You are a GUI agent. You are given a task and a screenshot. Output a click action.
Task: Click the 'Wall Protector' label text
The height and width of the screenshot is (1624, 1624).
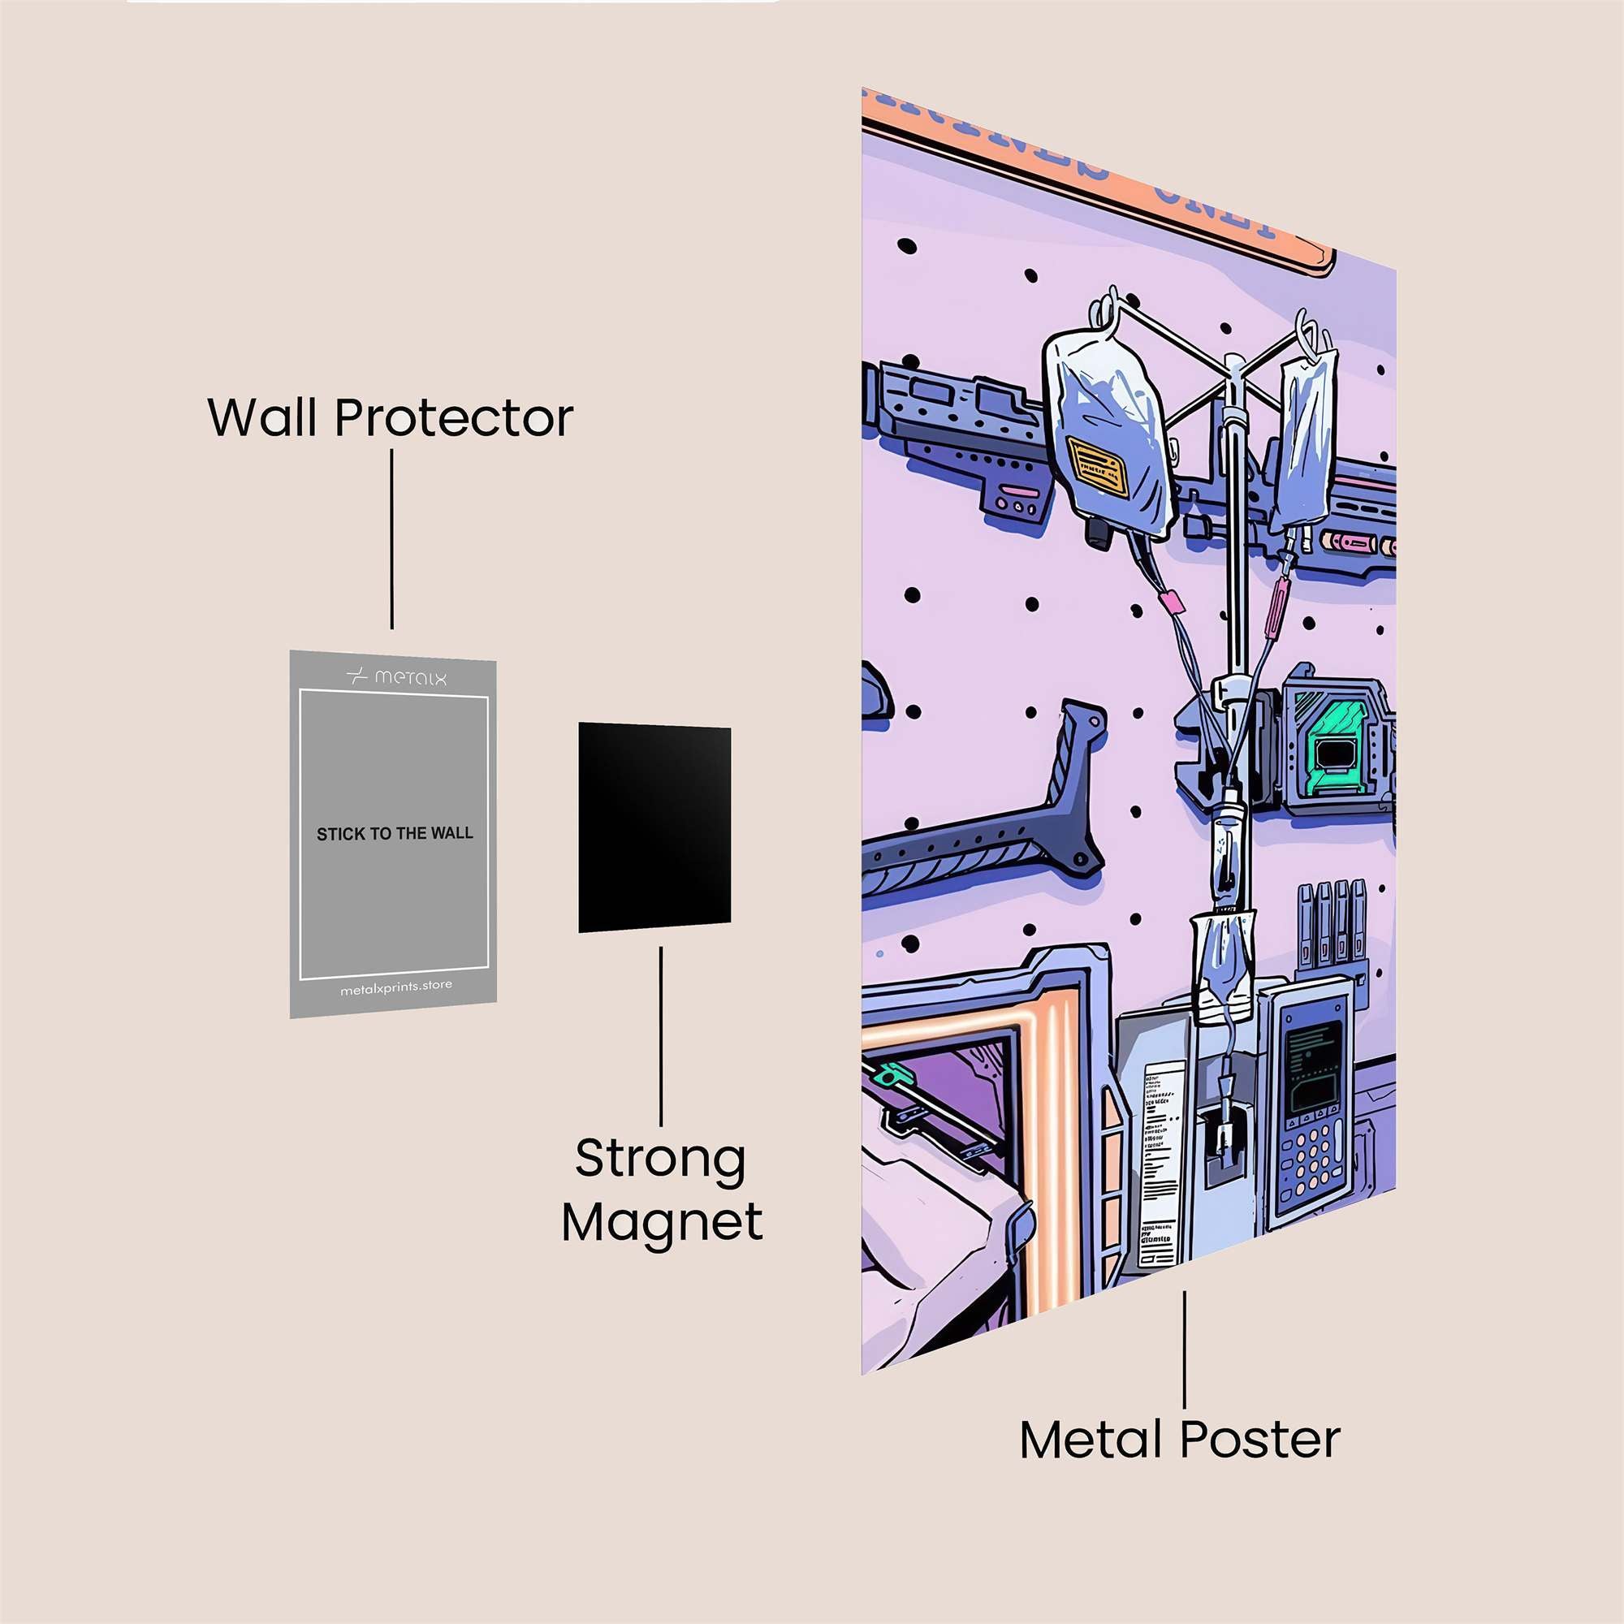(x=390, y=417)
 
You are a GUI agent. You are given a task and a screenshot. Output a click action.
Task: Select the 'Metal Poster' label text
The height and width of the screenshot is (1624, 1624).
(x=1179, y=1439)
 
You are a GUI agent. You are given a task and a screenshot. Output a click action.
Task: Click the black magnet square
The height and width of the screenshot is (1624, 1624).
(x=654, y=827)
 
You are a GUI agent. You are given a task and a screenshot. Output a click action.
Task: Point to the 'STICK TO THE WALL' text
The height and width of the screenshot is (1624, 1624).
(x=395, y=834)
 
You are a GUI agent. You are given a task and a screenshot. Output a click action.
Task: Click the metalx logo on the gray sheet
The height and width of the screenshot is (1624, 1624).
(x=396, y=676)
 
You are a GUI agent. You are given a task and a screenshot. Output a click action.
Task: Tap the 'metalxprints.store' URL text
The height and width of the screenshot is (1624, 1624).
(x=396, y=987)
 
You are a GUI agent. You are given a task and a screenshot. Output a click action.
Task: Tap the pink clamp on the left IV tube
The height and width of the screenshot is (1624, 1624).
(x=1170, y=603)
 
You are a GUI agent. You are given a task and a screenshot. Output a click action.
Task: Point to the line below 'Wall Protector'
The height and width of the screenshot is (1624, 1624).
(x=391, y=538)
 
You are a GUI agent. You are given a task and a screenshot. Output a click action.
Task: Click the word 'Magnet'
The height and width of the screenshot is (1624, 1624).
(x=662, y=1221)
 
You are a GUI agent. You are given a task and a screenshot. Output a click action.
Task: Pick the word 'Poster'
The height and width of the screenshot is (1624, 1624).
(x=1260, y=1439)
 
